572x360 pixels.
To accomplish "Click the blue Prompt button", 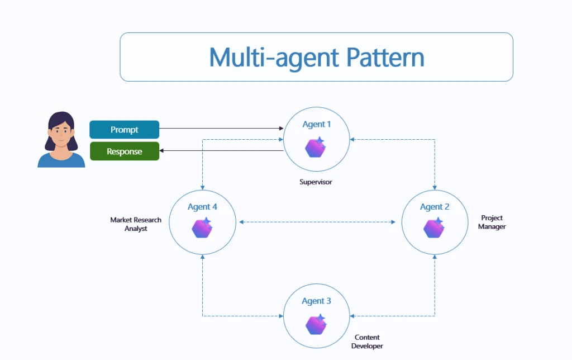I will coord(124,130).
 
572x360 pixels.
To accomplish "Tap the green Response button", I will coord(124,151).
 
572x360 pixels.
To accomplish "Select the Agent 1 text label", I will coord(316,125).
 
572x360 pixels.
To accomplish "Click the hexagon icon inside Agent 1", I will coord(316,147).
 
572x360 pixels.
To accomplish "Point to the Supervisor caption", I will coord(316,182).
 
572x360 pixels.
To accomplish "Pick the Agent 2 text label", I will coord(435,207).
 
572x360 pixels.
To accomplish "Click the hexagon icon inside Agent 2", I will coord(433,228).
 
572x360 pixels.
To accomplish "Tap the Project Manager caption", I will coord(492,222).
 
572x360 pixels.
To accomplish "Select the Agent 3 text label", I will coord(316,301).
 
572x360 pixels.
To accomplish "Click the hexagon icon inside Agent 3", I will coord(316,324).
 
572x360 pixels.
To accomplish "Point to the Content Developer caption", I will coord(367,342).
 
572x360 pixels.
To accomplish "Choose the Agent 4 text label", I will coord(202,207).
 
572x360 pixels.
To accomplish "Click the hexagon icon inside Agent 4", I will coord(202,228).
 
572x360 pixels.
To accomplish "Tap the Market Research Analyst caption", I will coord(136,224).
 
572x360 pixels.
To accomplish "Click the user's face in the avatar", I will coord(61,134).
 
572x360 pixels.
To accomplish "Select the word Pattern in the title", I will coord(384,57).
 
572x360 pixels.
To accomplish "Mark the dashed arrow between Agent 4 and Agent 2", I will coord(318,222).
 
